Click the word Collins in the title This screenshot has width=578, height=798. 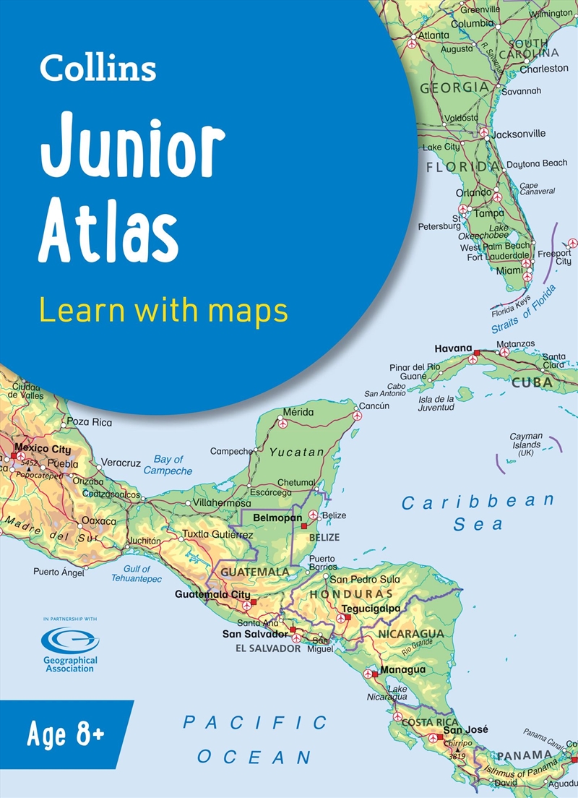click(x=98, y=69)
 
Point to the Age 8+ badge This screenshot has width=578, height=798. click(x=65, y=737)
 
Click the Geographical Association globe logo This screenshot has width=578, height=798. click(x=70, y=639)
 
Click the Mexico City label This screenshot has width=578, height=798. click(x=43, y=449)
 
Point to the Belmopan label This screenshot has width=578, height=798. click(x=277, y=518)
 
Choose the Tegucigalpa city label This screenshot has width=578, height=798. click(x=371, y=609)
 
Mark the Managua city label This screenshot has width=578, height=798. click(x=402, y=669)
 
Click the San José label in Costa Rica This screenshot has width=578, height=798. click(x=470, y=729)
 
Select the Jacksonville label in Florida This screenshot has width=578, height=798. click(x=519, y=134)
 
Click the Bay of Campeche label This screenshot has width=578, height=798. click(x=168, y=465)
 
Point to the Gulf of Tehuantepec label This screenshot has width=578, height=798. click(x=137, y=574)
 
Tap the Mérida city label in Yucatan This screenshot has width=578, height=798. click(x=298, y=412)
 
